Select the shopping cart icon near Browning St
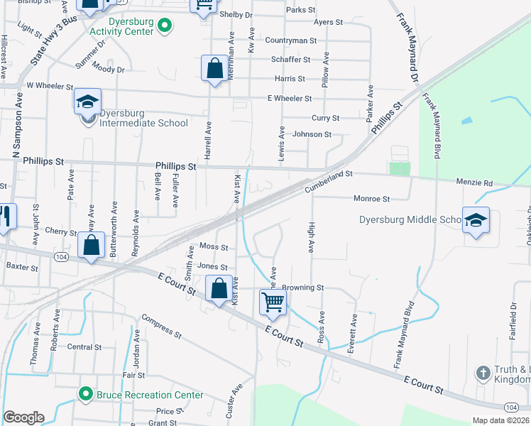pyautogui.click(x=273, y=303)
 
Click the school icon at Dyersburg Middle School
pyautogui.click(x=476, y=220)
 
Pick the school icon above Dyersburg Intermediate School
pyautogui.click(x=87, y=102)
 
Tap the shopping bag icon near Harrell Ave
pyautogui.click(x=214, y=69)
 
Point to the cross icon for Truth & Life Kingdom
pyautogui.click(x=483, y=373)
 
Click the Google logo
pyautogui.click(x=23, y=417)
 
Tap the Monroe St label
pyautogui.click(x=372, y=199)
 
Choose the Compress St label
pyautogui.click(x=162, y=326)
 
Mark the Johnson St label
pyautogui.click(x=312, y=134)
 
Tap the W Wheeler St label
pyautogui.click(x=50, y=86)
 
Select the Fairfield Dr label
pyautogui.click(x=513, y=316)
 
